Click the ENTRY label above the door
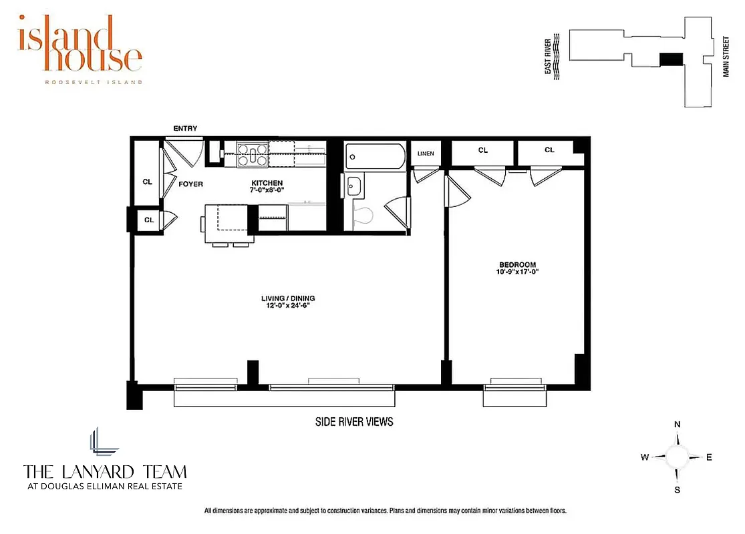(185, 129)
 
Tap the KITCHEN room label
(267, 184)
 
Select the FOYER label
(191, 184)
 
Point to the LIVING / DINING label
(288, 298)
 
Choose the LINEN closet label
(426, 154)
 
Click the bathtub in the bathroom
(375, 158)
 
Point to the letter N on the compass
(677, 425)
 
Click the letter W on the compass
(645, 457)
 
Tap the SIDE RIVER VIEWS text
(354, 422)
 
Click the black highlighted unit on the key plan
(671, 59)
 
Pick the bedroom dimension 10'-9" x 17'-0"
(517, 272)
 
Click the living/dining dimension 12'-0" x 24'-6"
(288, 306)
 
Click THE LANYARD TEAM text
(105, 472)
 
